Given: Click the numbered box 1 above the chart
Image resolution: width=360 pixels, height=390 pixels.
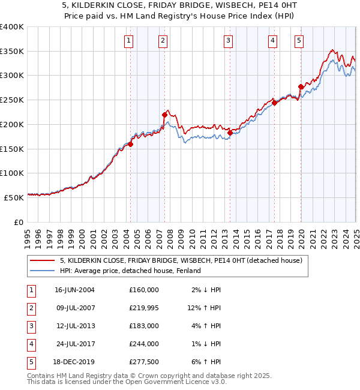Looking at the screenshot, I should pos(130,41).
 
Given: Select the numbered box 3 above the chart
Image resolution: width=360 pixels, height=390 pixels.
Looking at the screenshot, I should pos(229,41).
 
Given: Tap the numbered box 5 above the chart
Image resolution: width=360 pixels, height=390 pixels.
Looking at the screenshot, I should pos(299,41).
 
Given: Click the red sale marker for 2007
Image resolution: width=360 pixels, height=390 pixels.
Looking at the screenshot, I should pos(164,115).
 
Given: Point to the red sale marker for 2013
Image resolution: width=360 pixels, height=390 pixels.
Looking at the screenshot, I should pos(230,133).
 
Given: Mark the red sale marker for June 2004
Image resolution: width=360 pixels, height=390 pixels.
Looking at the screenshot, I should pos(130,144).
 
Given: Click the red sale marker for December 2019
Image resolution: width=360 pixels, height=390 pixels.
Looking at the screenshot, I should pos(301,86).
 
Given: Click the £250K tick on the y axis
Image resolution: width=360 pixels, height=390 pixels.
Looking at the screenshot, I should pos(12,100).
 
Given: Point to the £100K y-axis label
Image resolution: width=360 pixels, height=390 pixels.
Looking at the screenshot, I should pos(12,173).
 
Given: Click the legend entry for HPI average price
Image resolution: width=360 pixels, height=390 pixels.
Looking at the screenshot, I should pos(130,271).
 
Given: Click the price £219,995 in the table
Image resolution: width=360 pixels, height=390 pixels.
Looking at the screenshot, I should pos(144,308).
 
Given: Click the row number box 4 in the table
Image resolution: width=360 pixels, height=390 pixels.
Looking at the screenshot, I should pos(29,344).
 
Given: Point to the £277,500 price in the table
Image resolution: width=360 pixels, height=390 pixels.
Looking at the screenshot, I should pos(144,362).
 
